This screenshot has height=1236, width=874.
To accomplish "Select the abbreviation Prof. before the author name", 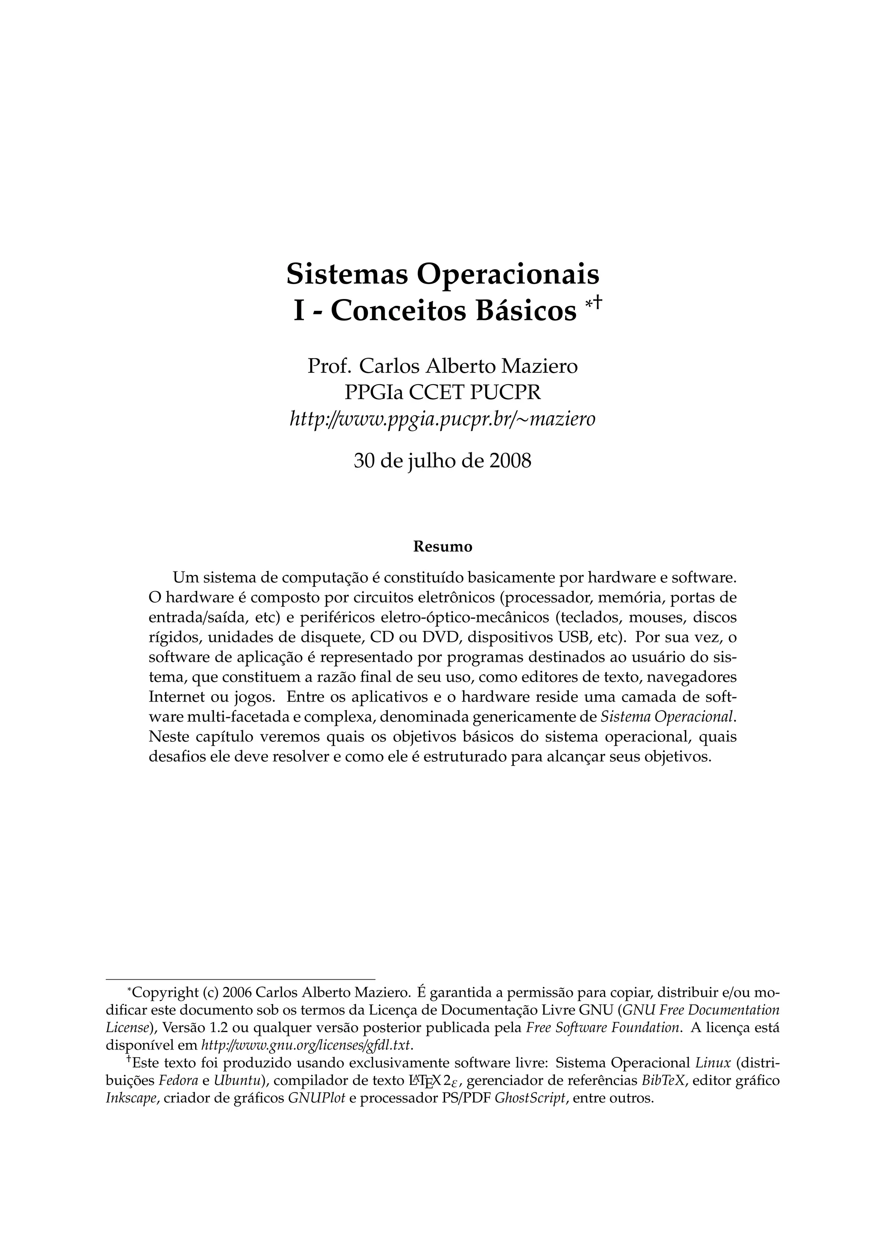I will (x=329, y=367).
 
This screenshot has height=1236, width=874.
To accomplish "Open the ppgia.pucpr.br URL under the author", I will (x=443, y=418).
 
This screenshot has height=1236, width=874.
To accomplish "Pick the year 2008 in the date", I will (x=510, y=461).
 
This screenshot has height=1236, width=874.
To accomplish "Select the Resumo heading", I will (x=443, y=546).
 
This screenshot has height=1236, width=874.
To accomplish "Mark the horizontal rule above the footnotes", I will (x=240, y=979).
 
